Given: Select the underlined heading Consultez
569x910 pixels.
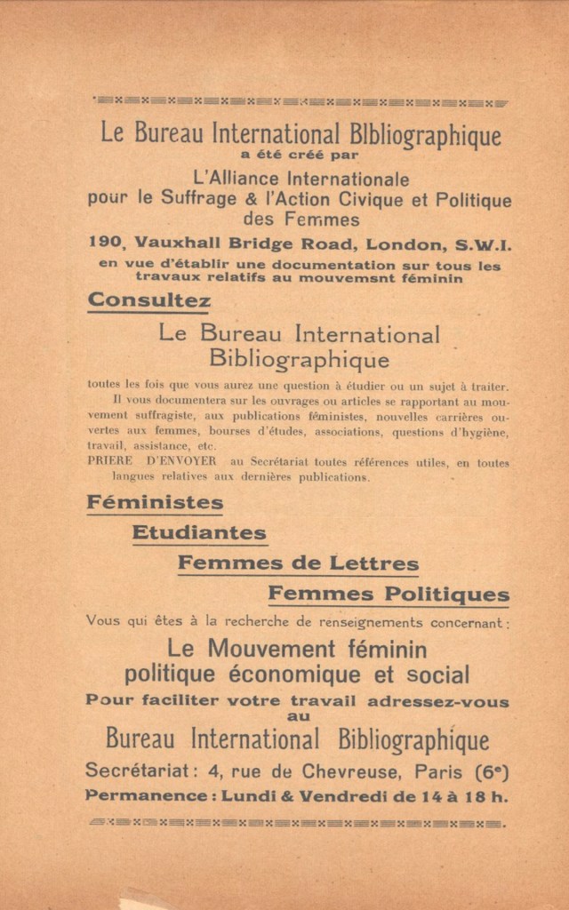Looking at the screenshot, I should (149, 300).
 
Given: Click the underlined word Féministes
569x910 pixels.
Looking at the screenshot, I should (155, 502).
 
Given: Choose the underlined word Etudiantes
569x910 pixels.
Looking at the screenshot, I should (199, 533).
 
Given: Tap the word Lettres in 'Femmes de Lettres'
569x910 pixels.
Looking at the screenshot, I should (374, 563).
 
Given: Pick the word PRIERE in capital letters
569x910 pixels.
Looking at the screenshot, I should (110, 462).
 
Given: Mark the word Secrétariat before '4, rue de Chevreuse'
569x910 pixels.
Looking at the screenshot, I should (137, 770).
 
